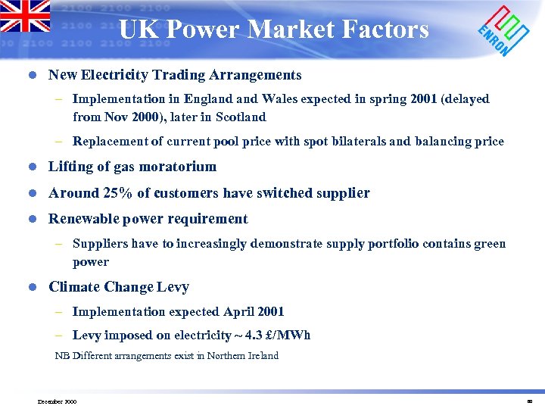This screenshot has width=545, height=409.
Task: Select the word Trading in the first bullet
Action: point(184,75)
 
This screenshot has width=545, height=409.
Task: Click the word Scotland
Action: point(241,117)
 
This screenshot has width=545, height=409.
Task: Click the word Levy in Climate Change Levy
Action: point(173,287)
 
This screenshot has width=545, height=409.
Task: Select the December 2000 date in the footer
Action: point(57,401)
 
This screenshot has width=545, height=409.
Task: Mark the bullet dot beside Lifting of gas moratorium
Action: point(33,167)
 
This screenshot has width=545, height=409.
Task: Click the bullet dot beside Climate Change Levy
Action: point(33,288)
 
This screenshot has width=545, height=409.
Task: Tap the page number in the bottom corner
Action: point(530,401)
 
